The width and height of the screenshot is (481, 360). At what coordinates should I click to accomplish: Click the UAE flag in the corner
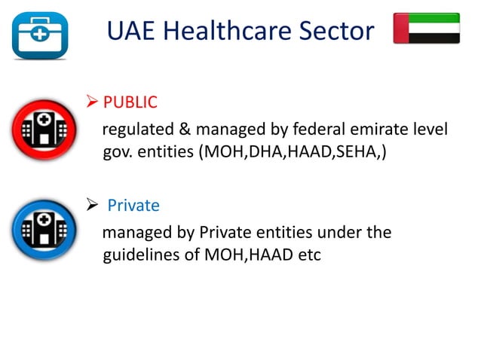click(427, 28)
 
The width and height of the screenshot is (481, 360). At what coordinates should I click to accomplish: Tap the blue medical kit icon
click(39, 33)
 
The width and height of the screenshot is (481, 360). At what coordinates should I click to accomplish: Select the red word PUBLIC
click(130, 102)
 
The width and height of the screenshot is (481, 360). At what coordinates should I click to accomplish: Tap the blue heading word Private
click(133, 205)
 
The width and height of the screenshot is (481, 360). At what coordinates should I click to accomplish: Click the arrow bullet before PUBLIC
click(93, 102)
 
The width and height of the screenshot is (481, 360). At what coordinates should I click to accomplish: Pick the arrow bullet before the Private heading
click(93, 205)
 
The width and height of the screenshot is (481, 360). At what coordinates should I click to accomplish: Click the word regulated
click(136, 131)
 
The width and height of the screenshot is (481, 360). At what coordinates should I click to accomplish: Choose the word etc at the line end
click(307, 255)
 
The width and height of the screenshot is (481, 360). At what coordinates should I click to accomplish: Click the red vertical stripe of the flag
click(401, 28)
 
